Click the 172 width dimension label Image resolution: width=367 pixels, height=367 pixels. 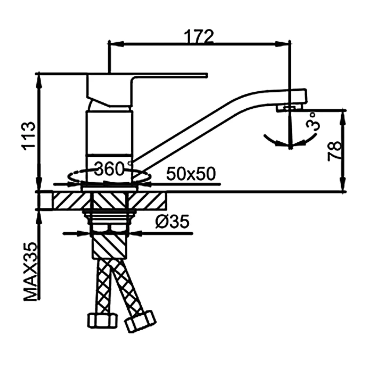tap(199, 36)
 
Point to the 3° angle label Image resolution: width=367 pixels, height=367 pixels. tap(313, 121)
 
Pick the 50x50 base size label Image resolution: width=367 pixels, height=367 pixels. tap(191, 174)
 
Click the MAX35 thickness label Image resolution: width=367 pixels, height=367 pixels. tap(30, 272)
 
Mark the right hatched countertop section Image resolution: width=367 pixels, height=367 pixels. tap(147, 200)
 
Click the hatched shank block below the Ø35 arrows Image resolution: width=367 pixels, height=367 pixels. tap(109, 246)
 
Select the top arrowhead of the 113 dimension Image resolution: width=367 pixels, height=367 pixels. tap(39, 82)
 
